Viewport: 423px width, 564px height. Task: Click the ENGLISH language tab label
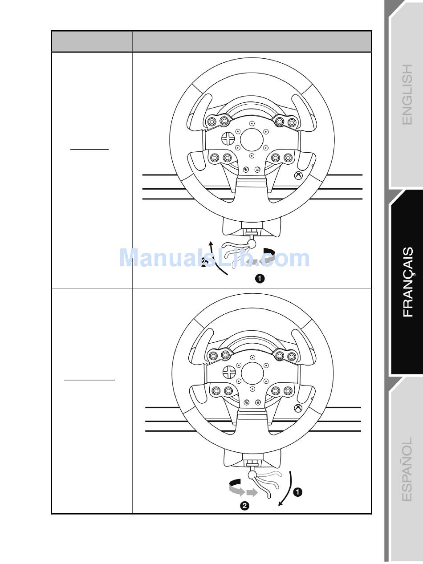coord(407,94)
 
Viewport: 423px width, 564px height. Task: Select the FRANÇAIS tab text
coord(408,282)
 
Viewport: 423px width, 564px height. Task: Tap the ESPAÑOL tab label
coord(407,469)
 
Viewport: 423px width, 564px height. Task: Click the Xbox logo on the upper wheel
coord(298,175)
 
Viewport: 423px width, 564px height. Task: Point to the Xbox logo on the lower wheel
coord(298,408)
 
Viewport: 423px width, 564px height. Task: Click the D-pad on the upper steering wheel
coord(228,138)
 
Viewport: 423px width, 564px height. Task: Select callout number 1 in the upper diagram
coord(260,279)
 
